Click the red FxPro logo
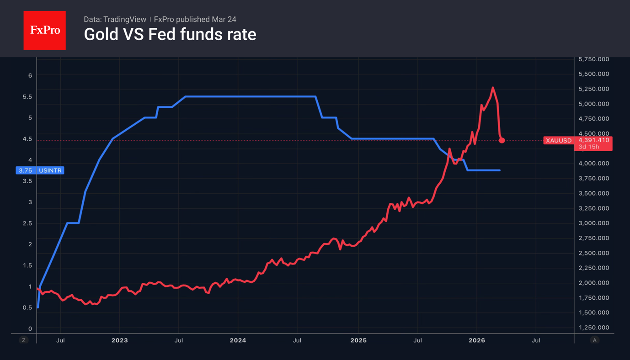tap(44, 30)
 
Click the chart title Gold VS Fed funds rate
tap(170, 34)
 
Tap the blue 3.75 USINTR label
tap(40, 170)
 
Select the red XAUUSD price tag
tap(558, 140)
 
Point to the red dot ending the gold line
tap(502, 140)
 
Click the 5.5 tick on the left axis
tap(27, 97)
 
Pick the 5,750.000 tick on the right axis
tap(593, 59)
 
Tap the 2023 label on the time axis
tap(119, 340)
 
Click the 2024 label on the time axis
tap(238, 340)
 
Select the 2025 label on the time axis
tap(358, 340)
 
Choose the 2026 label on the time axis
tap(477, 340)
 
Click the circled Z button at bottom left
tap(24, 340)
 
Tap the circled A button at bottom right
tap(594, 340)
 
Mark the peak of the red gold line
tap(492, 88)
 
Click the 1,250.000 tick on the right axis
tap(593, 328)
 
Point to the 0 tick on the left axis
tap(30, 328)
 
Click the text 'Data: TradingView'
tap(115, 19)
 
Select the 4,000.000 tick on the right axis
tap(593, 164)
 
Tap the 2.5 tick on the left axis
tap(27, 223)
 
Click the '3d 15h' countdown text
tap(588, 147)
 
